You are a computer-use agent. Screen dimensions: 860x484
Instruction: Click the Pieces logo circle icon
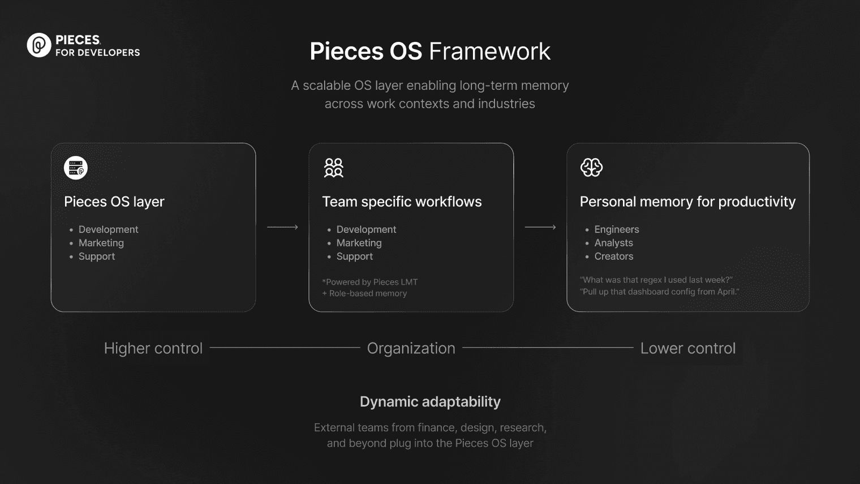click(x=39, y=45)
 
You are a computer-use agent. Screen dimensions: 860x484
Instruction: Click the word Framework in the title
click(x=489, y=51)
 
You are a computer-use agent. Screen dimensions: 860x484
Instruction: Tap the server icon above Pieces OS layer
click(x=76, y=168)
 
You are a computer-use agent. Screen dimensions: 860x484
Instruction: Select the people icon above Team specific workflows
click(x=334, y=168)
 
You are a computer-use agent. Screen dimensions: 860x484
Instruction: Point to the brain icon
click(x=592, y=168)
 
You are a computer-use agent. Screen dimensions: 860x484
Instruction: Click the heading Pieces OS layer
click(x=114, y=202)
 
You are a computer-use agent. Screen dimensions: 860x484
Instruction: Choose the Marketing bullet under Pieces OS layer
click(x=101, y=243)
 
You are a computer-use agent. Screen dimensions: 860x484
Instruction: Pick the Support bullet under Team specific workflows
click(x=354, y=256)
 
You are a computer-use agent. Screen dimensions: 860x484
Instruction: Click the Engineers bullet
click(x=617, y=229)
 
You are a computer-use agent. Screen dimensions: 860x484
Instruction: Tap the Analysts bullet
click(x=613, y=243)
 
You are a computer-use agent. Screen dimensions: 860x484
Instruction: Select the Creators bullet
click(x=613, y=256)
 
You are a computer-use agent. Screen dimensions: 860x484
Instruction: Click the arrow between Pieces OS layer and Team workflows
click(x=282, y=228)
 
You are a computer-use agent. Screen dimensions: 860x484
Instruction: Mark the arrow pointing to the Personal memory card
click(x=540, y=228)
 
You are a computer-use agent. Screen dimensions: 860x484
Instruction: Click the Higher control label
click(x=153, y=348)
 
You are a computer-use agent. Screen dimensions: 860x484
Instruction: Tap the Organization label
click(x=411, y=348)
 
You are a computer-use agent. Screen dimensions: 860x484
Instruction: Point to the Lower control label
click(x=688, y=348)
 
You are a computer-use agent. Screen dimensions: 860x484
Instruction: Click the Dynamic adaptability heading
click(x=430, y=402)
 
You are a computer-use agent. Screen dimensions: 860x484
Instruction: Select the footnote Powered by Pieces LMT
click(x=369, y=282)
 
